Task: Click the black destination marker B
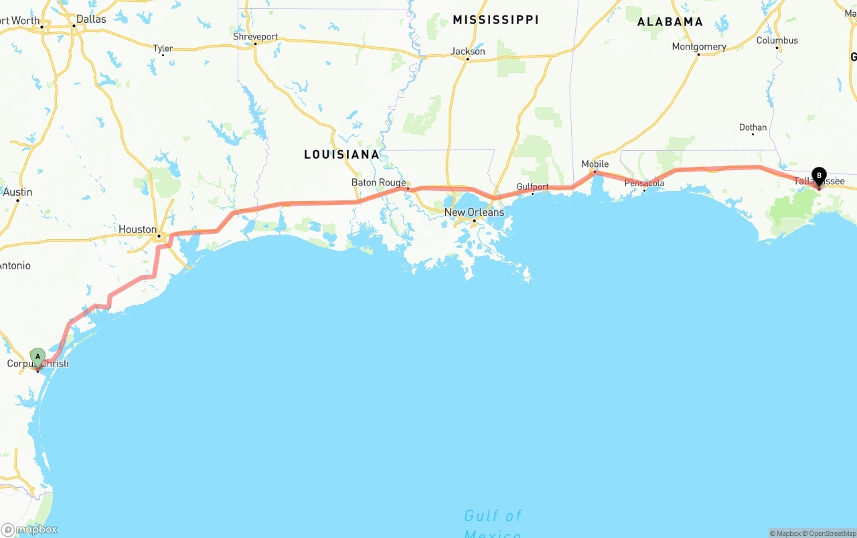point(819,176)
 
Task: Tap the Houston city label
point(137,229)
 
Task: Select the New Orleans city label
point(474,212)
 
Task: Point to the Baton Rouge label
point(378,182)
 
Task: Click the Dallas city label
point(91,19)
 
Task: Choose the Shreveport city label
point(255,37)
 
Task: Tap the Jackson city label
point(467,51)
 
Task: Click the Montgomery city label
point(699,47)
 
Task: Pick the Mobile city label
point(595,164)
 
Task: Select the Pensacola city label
point(644,183)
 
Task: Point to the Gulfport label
point(532,187)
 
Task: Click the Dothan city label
point(753,127)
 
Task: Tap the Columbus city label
point(777,40)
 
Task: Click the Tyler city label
point(163,48)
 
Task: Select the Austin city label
point(17,192)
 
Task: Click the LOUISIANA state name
point(341,155)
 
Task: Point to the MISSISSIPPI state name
point(495,20)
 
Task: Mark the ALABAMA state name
point(670,21)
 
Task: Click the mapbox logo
point(29,529)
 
